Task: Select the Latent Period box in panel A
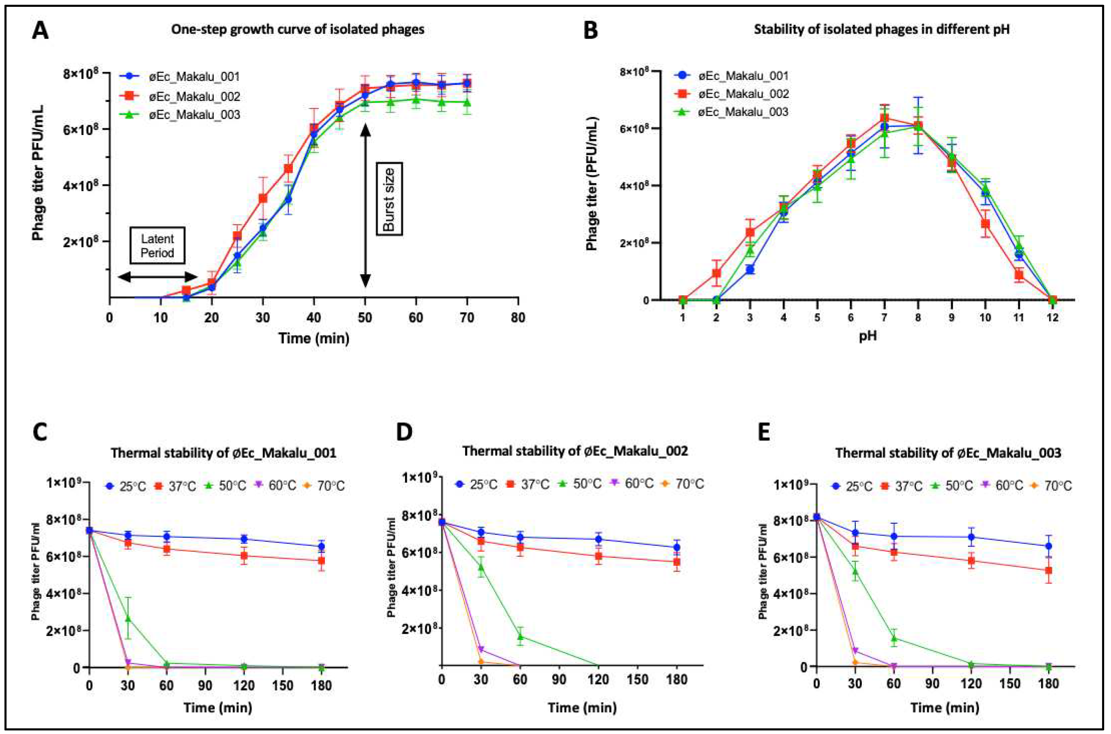(x=158, y=246)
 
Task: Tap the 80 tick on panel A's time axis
(x=518, y=318)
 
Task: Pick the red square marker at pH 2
(x=716, y=273)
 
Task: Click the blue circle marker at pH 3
(x=750, y=270)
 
